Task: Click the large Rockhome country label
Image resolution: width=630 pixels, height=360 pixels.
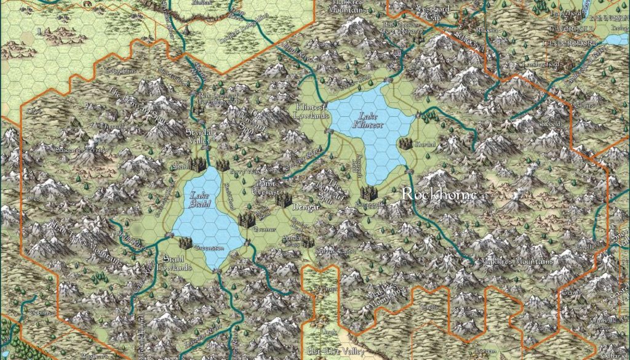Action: tap(439, 194)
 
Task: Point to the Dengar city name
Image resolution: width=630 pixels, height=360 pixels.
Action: tap(306, 208)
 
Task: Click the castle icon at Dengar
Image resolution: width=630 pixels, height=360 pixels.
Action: tap(283, 199)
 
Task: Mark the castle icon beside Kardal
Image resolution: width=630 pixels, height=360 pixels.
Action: tap(405, 143)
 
